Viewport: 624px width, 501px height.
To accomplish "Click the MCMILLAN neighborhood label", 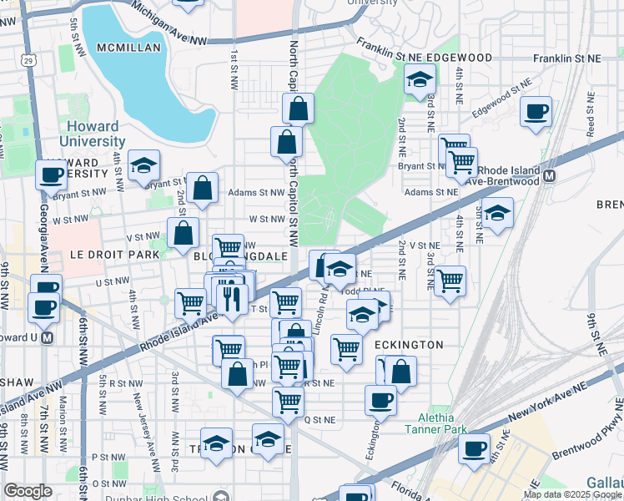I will pos(128,48).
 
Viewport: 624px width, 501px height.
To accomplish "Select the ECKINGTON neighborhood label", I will pos(408,344).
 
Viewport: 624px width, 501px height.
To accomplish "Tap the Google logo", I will pos(28,491).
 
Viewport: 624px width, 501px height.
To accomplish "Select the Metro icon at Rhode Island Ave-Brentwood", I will pos(550,176).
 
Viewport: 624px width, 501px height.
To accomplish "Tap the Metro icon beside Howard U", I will pos(47,337).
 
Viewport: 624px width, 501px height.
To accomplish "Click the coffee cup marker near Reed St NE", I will pos(536,111).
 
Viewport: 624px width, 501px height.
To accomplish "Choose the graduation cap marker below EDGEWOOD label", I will pos(420,80).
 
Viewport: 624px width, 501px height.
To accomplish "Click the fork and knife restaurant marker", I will pos(231,297).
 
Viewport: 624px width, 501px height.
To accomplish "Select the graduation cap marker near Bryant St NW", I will pos(143,164).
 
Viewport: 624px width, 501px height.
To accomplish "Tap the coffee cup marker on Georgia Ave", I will pos(51,175).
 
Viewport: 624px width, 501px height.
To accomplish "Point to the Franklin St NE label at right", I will pos(566,59).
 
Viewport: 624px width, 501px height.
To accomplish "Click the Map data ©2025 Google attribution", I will pos(572,494).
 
